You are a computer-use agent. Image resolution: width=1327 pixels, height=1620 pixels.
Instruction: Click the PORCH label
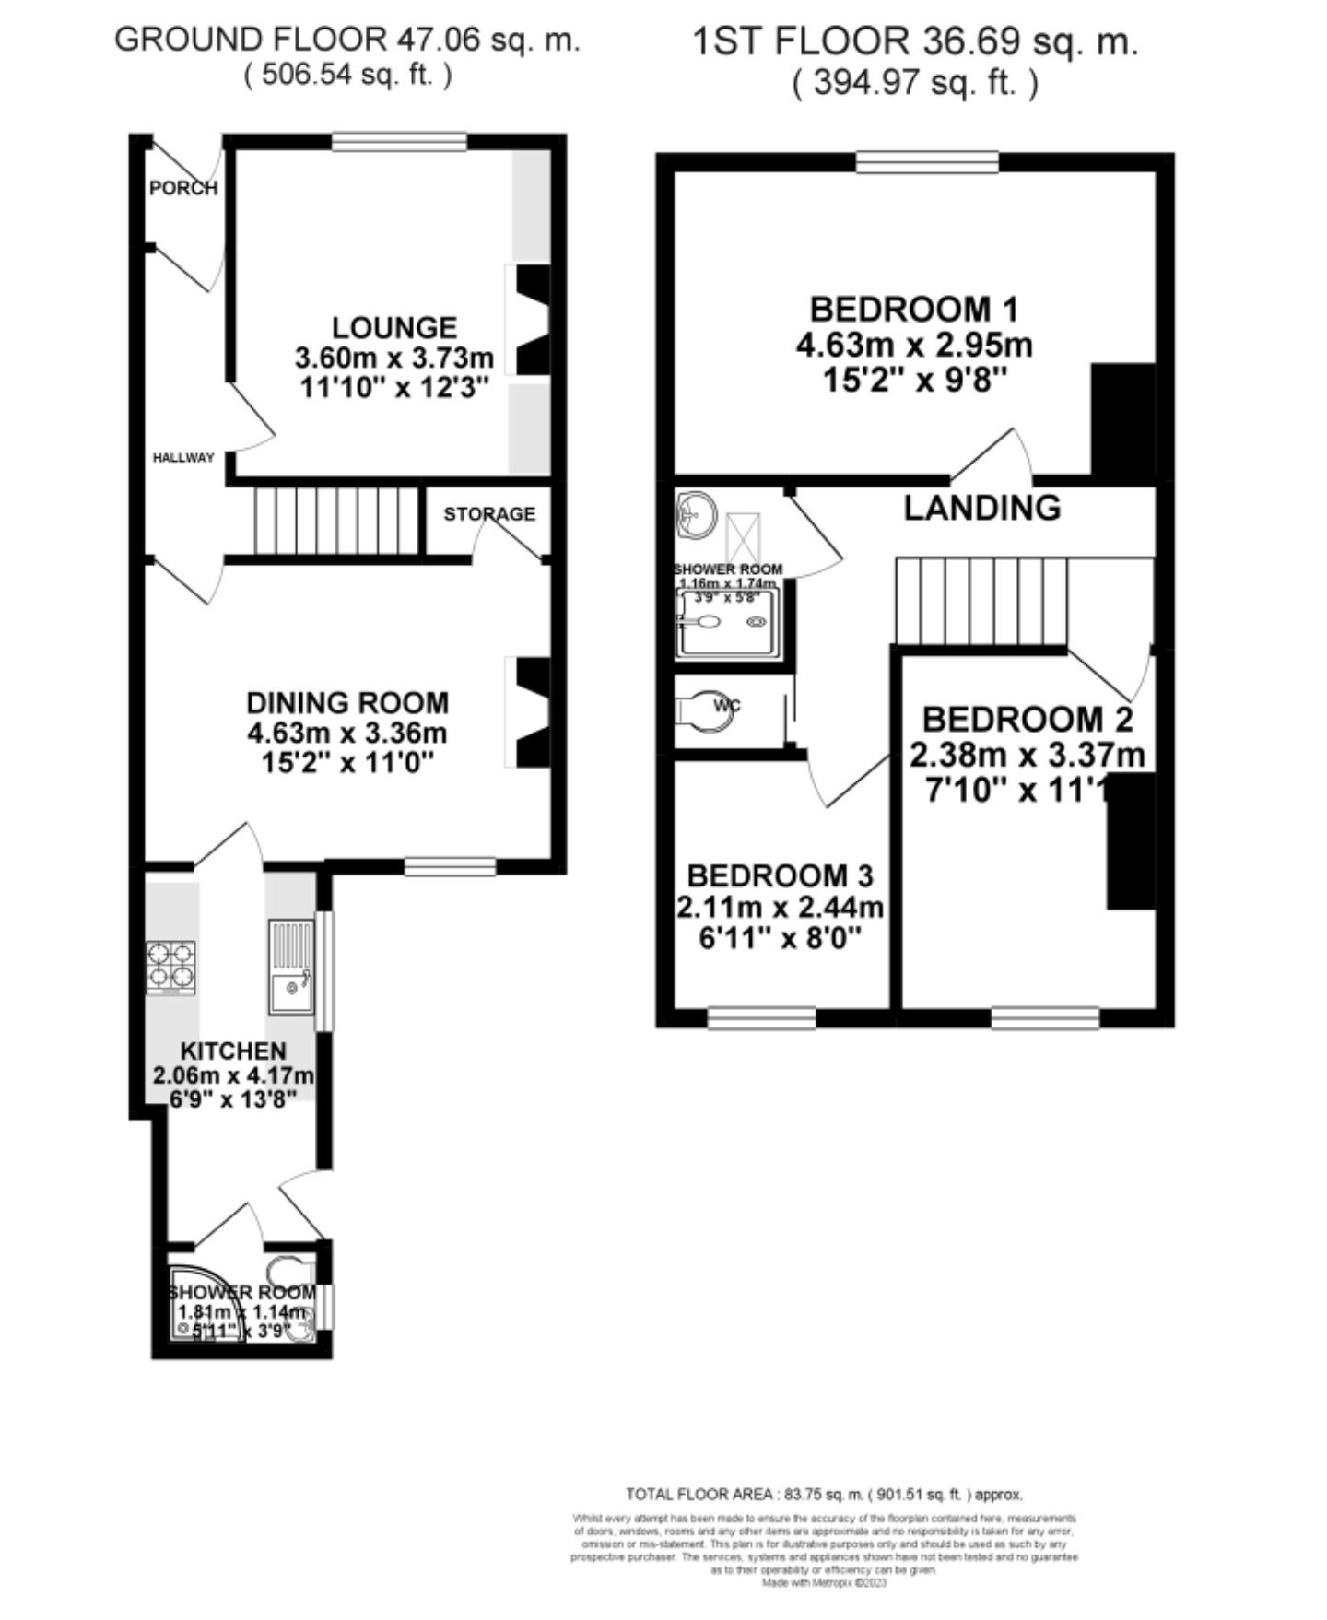click(x=183, y=188)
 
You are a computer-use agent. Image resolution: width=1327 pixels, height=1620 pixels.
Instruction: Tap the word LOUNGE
click(x=394, y=327)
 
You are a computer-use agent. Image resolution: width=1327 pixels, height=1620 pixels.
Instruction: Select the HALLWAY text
click(x=183, y=457)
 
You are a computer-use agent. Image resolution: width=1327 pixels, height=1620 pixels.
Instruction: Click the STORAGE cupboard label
click(x=489, y=513)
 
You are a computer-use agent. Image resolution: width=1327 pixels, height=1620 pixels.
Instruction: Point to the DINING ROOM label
click(x=347, y=703)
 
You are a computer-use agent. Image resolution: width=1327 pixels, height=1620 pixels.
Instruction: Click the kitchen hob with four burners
click(x=171, y=967)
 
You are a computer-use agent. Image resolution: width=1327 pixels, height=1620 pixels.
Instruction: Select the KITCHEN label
click(x=233, y=1051)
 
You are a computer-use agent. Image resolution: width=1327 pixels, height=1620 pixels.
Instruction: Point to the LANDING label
click(x=981, y=508)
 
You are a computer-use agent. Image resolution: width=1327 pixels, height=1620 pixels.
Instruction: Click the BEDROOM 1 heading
click(x=913, y=309)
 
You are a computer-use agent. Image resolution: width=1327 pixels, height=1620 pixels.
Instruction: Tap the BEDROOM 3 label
click(x=780, y=875)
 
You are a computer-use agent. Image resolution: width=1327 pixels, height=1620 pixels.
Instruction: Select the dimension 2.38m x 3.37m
click(x=1027, y=756)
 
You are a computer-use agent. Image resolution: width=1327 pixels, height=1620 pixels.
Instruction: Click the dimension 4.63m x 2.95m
click(x=913, y=346)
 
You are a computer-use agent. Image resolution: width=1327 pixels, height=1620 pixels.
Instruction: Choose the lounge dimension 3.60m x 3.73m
click(x=394, y=357)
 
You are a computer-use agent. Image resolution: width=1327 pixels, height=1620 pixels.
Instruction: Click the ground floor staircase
click(x=335, y=522)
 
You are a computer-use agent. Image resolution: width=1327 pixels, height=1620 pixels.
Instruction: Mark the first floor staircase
click(x=982, y=600)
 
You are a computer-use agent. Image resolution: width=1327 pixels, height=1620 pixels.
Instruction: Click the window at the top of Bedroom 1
click(x=927, y=163)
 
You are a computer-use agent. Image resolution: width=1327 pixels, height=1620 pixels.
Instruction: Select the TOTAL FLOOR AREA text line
click(x=824, y=1494)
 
